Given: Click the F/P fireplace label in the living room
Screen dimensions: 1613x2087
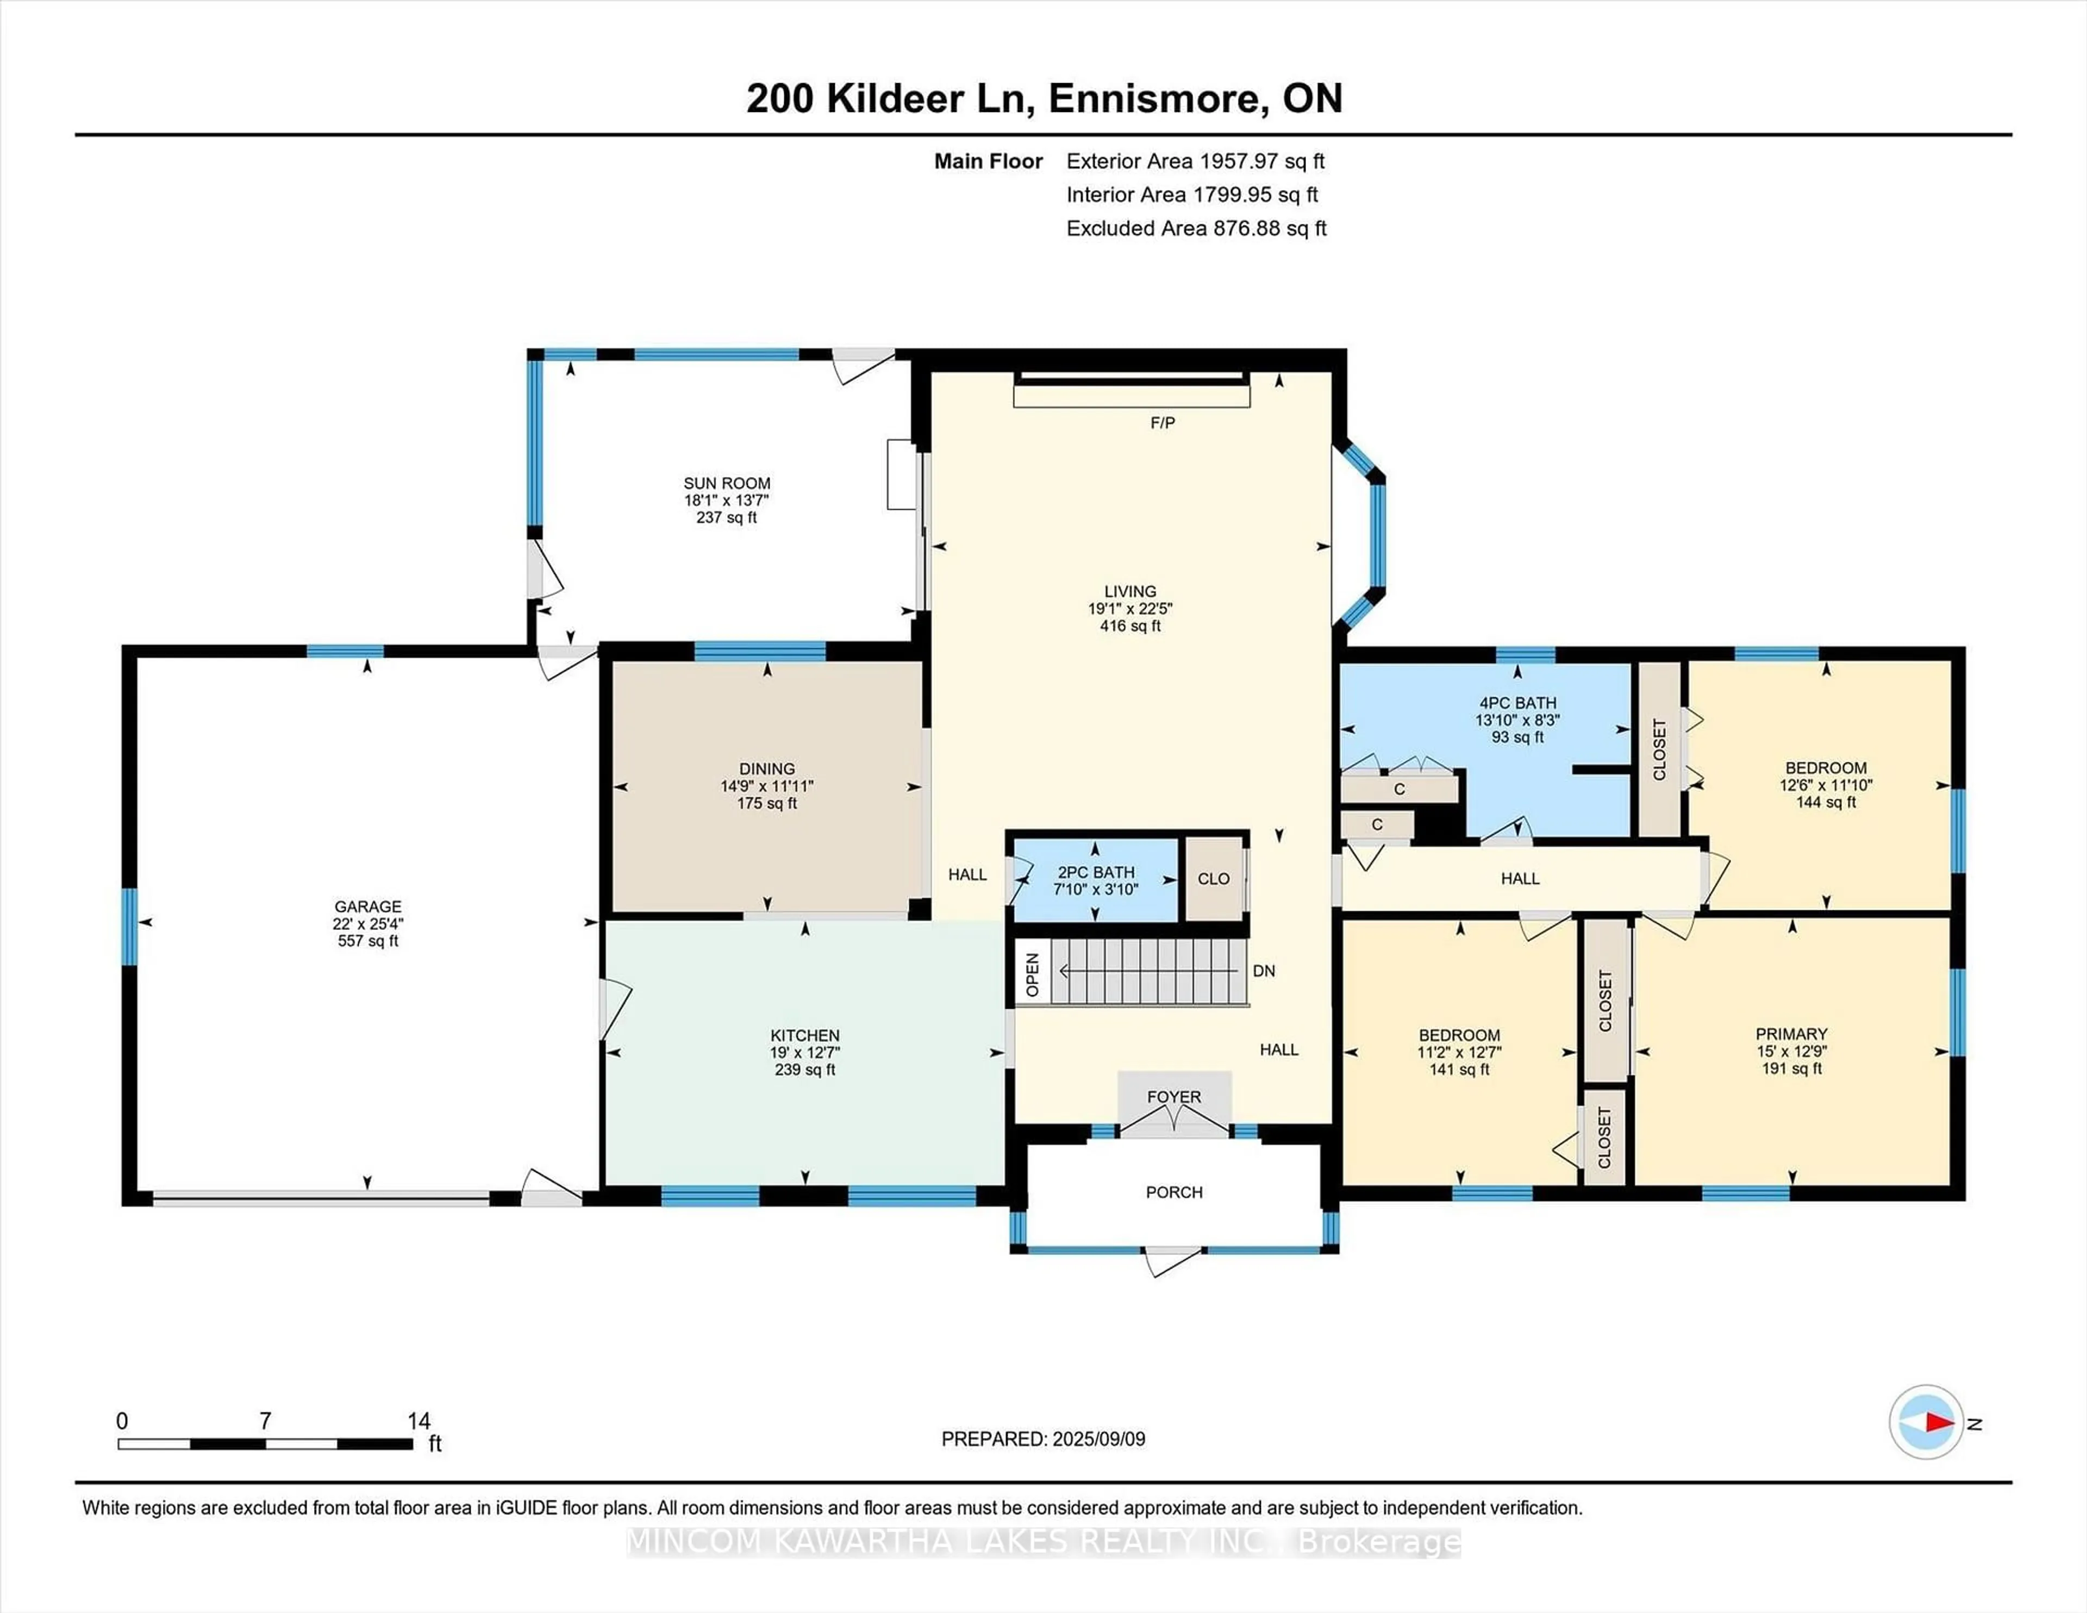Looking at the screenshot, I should [1162, 422].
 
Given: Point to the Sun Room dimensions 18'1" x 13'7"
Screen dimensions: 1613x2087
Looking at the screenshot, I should [726, 501].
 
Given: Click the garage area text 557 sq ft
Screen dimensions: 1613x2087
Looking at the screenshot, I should [368, 941].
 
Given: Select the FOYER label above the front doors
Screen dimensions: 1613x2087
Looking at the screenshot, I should [1173, 1097].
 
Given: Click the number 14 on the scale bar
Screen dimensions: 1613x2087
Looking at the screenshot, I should [418, 1421].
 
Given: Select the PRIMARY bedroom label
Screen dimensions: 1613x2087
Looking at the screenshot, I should [1791, 1034].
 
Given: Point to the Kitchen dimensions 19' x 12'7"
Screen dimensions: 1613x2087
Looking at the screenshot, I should [804, 1052].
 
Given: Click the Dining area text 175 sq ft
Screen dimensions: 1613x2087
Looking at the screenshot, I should [766, 804].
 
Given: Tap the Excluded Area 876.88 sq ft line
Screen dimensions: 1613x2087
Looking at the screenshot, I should [1196, 228].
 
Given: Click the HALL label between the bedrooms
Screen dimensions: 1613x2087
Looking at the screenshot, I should [1520, 878].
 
